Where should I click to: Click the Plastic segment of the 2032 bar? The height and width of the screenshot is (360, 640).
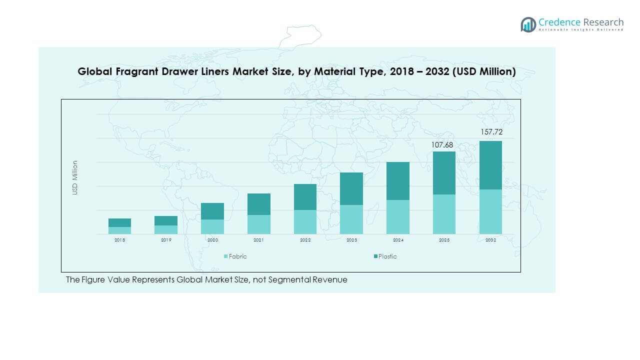[x=490, y=165]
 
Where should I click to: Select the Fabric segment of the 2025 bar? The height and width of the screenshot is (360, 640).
[x=444, y=214]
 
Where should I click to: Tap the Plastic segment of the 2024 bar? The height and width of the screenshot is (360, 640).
[x=398, y=181]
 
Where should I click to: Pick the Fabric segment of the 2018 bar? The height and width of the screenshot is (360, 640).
[x=119, y=230]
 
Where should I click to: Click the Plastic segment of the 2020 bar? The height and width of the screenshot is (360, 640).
[x=212, y=211]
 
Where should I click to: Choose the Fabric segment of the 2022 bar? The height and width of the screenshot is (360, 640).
[x=305, y=222]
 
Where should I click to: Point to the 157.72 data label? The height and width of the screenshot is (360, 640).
[x=490, y=132]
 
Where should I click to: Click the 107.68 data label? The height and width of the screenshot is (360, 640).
[x=444, y=145]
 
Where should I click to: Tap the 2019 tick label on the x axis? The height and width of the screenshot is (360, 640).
[x=166, y=240]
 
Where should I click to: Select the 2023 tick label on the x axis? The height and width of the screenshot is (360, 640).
[x=351, y=240]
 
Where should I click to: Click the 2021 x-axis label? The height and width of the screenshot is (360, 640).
[x=258, y=240]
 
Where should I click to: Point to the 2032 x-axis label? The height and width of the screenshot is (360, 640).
[x=490, y=240]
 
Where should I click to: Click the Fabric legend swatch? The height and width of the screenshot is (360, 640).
[x=225, y=256]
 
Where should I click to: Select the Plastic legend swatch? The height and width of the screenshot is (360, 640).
[x=375, y=256]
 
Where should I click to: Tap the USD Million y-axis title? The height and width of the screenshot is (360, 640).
[x=75, y=177]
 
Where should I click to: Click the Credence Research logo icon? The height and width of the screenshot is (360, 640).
[x=528, y=24]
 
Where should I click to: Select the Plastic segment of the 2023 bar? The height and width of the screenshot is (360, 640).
[x=351, y=188]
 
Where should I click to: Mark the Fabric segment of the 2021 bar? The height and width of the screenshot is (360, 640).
[x=258, y=224]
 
